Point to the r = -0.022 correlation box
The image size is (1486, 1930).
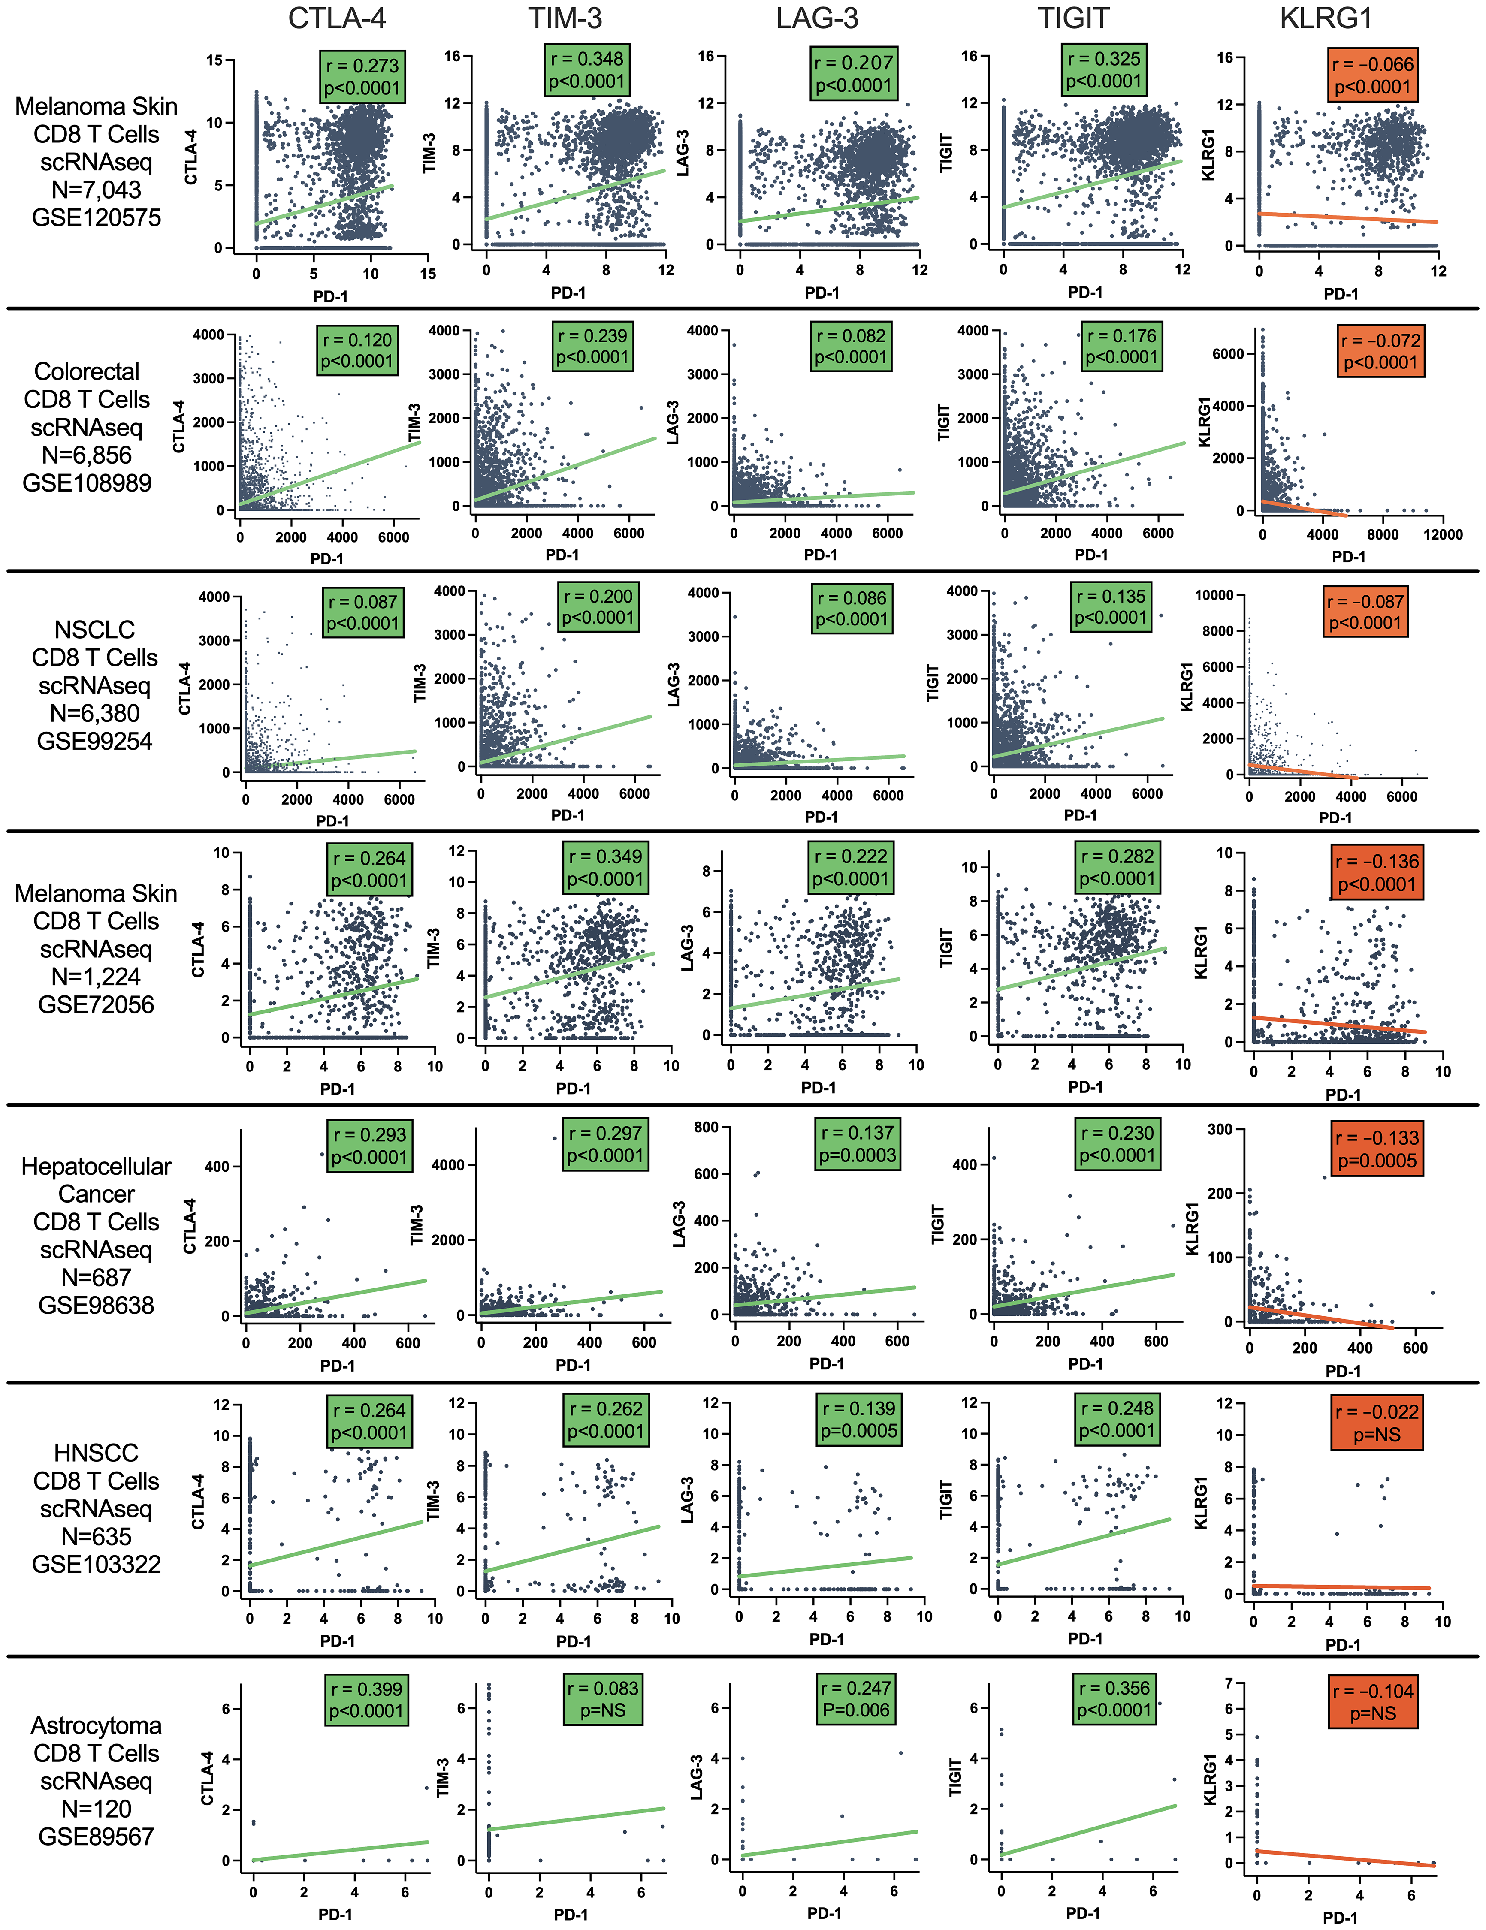pos(1376,1423)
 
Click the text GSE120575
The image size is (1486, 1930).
pos(97,217)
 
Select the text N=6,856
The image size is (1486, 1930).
pos(87,455)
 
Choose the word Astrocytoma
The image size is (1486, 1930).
pos(97,1726)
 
